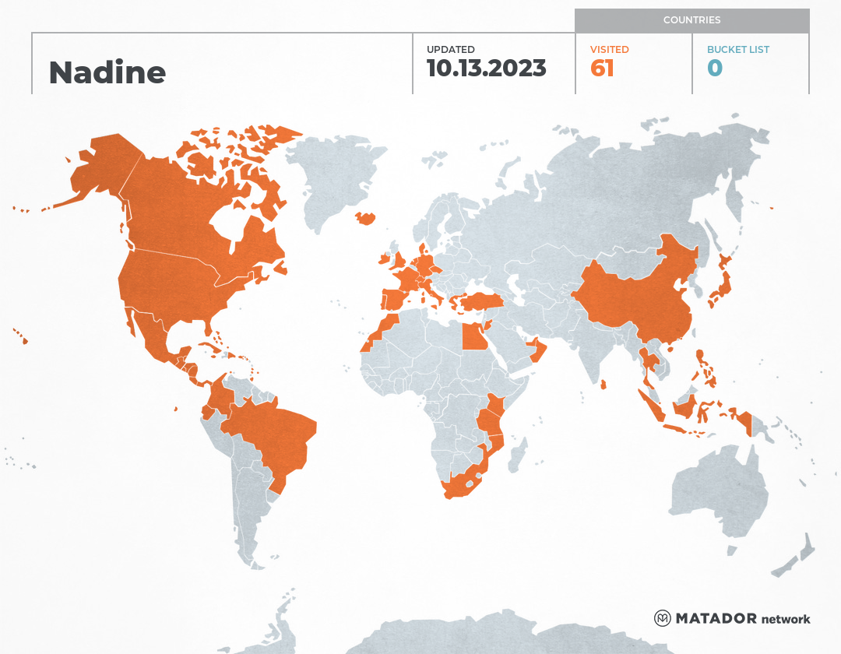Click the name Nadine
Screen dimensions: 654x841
[107, 72]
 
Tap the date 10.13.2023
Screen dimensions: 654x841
[486, 69]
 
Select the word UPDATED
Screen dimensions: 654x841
[450, 50]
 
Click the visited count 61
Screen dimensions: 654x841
[602, 69]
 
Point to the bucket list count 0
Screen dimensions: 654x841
[714, 69]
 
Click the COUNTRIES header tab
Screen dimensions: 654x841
[691, 20]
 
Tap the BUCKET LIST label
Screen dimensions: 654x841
[737, 50]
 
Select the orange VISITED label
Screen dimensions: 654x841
[609, 50]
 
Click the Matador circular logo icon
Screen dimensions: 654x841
[662, 618]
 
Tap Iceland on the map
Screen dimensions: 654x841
[366, 218]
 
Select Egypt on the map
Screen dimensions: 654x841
[473, 336]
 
